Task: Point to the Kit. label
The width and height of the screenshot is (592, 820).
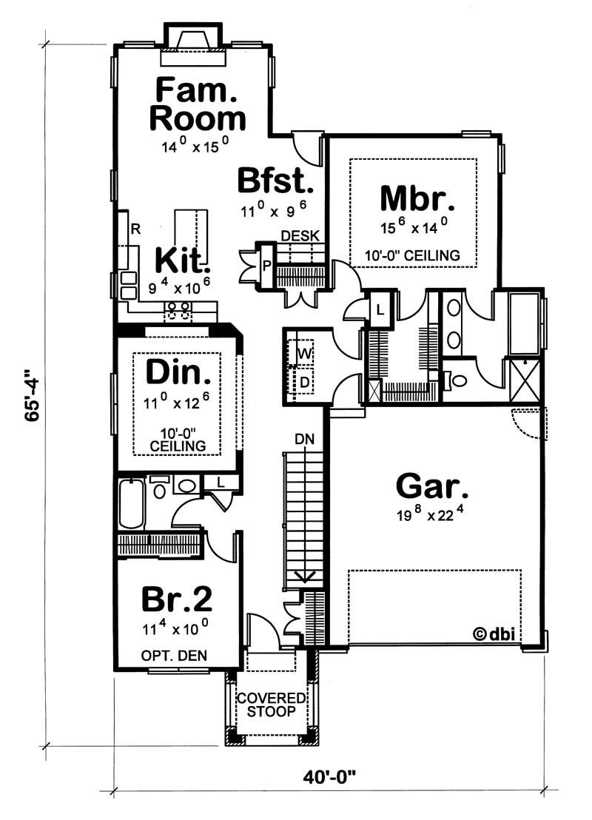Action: tap(182, 261)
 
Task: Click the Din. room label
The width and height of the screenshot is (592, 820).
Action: tap(173, 372)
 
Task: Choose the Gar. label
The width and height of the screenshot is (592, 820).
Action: tap(432, 486)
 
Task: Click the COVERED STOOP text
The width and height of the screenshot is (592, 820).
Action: tap(271, 705)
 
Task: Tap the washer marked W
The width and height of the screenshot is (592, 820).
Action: tap(303, 354)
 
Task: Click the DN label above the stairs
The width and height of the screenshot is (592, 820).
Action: tap(303, 439)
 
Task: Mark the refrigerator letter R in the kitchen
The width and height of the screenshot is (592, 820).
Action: tap(135, 229)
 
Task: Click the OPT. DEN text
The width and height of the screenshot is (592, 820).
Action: tap(174, 655)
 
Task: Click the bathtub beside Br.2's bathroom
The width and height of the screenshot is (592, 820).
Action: tap(131, 503)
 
